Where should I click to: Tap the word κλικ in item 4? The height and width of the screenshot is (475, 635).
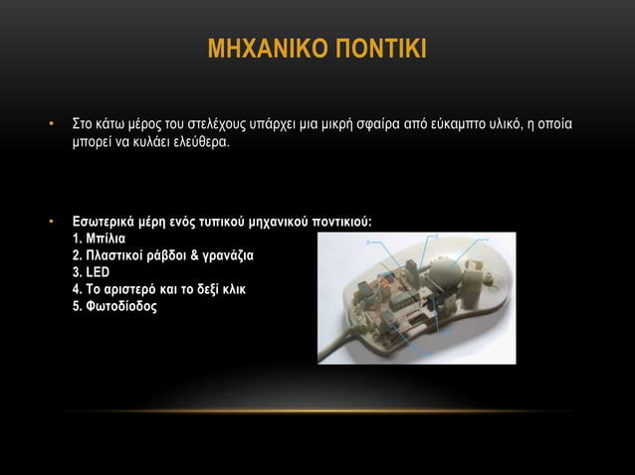pos(232,289)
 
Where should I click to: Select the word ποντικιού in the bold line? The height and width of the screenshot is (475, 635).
pos(343,223)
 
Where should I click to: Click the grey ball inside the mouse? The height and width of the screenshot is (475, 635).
pos(443,268)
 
